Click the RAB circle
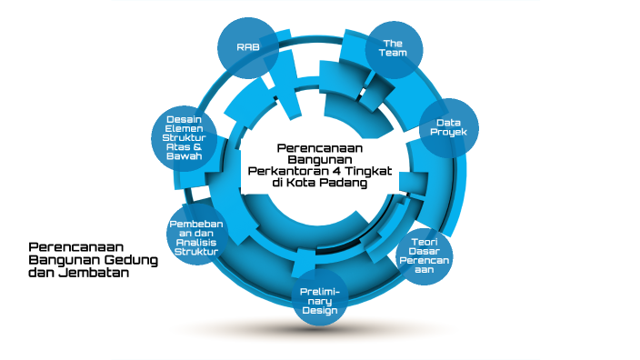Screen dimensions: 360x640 point(247,46)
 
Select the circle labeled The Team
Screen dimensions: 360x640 point(394,48)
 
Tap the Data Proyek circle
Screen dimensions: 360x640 point(448,128)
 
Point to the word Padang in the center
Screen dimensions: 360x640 point(343,182)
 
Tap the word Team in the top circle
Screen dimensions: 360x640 point(393,54)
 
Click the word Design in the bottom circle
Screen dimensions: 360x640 point(319,311)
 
